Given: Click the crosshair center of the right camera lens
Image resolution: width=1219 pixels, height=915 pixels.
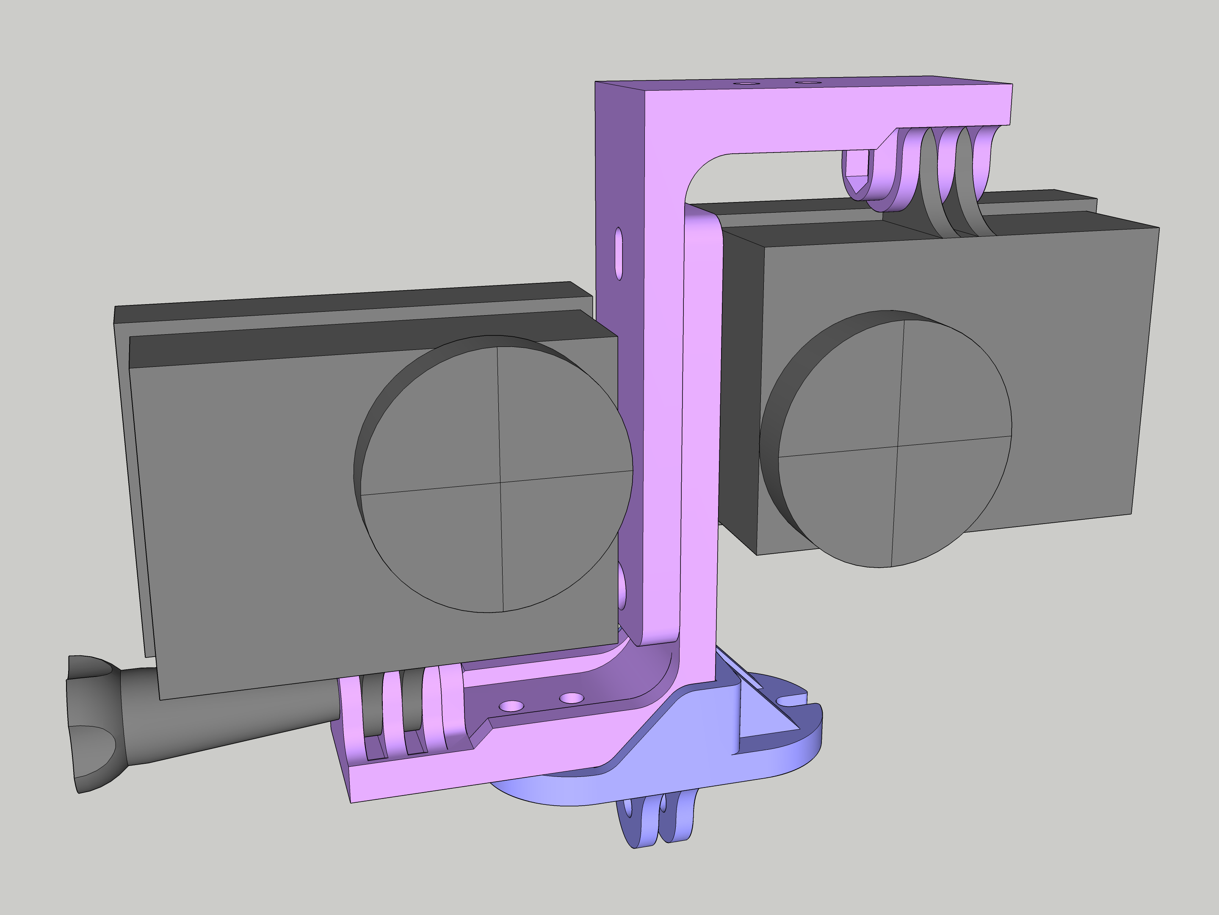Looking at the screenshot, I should pyautogui.click(x=898, y=445).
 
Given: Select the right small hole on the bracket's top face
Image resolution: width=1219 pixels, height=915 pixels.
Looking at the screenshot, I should pyautogui.click(x=806, y=83).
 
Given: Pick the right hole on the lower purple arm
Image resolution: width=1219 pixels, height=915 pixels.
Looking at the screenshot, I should pyautogui.click(x=572, y=698).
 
